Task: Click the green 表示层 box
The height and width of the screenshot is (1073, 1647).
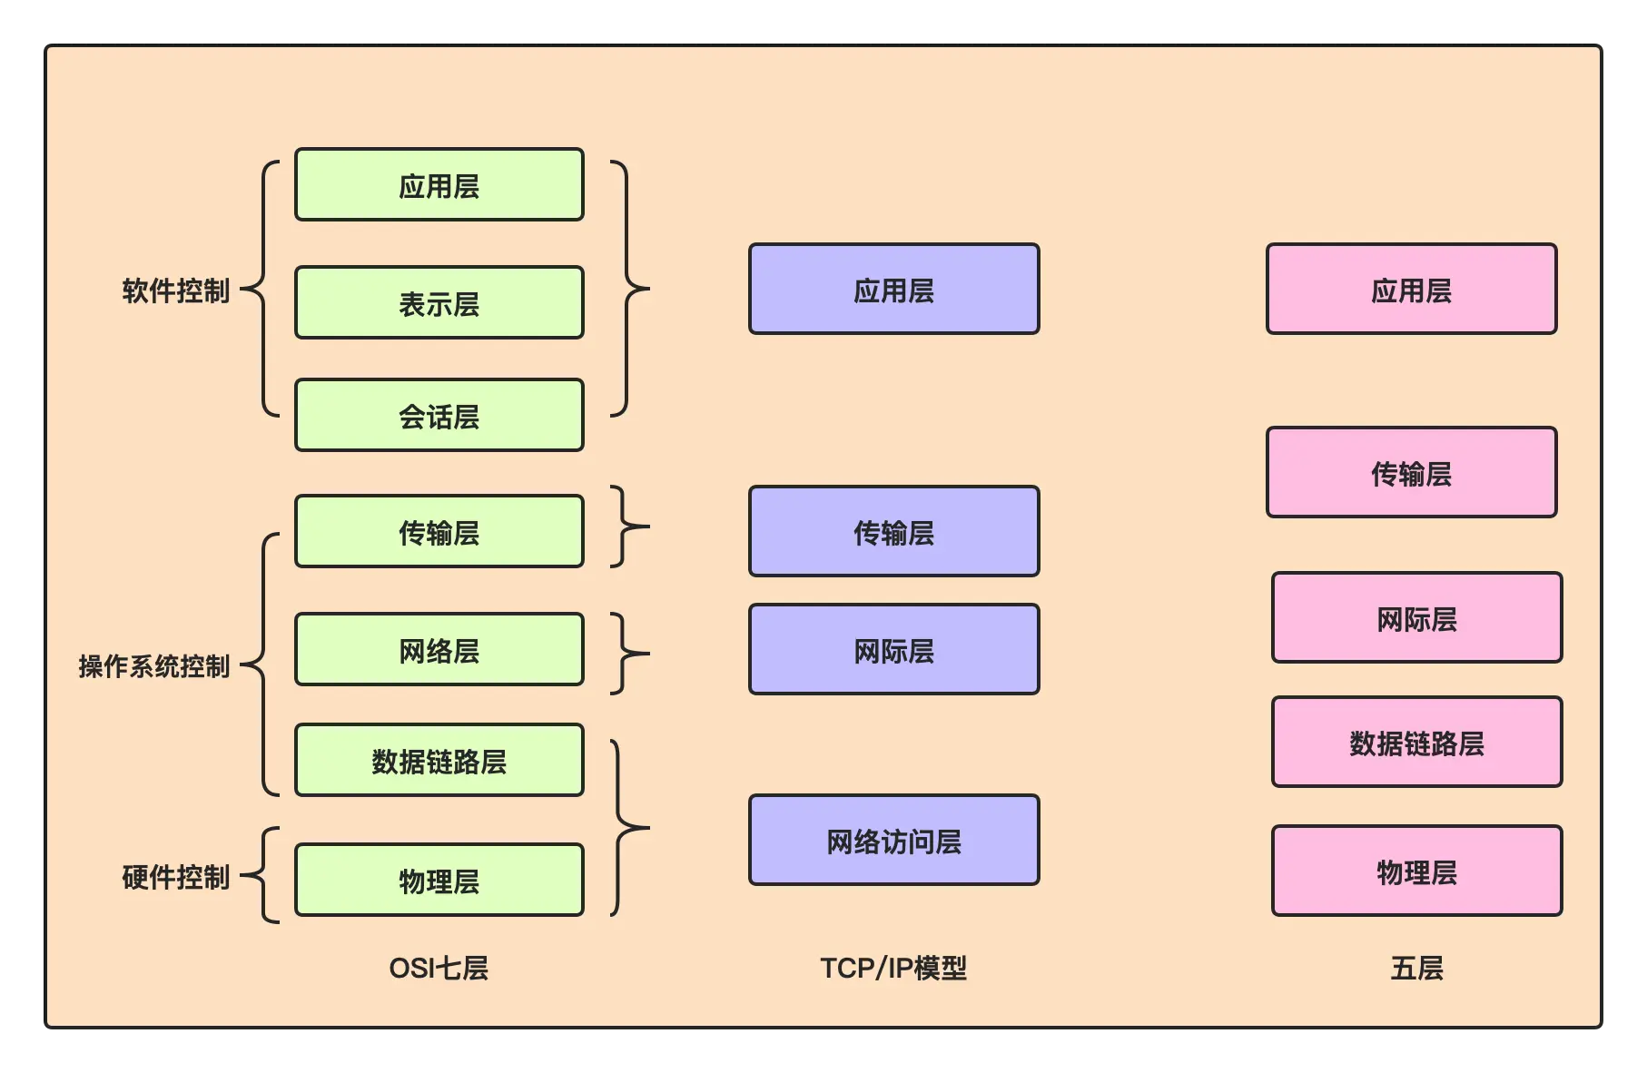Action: pyautogui.click(x=439, y=303)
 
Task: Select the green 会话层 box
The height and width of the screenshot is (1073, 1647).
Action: pyautogui.click(x=439, y=416)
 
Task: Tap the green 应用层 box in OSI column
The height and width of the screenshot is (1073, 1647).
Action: pyautogui.click(x=439, y=185)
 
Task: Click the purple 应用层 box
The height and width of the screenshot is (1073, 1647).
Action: pyautogui.click(x=893, y=290)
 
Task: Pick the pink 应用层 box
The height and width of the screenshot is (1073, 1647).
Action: pyautogui.click(x=1411, y=290)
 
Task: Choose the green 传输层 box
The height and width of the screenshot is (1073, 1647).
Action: pyautogui.click(x=439, y=532)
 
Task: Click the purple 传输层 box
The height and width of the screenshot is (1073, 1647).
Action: pyautogui.click(x=893, y=532)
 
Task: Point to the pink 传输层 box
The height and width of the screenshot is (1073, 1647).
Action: pyautogui.click(x=1411, y=473)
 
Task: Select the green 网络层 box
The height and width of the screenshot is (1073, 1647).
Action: pyautogui.click(x=439, y=650)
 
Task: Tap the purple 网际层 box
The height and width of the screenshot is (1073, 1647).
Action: pyautogui.click(x=893, y=650)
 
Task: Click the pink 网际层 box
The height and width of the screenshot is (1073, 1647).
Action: pyautogui.click(x=1416, y=618)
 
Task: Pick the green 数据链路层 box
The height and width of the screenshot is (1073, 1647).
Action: pyautogui.click(x=439, y=761)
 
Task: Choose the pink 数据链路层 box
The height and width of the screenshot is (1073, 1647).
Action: pyautogui.click(x=1416, y=743)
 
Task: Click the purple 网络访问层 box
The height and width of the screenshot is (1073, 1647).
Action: pyautogui.click(x=893, y=841)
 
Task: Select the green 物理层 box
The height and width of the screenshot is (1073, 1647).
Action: pyautogui.click(x=439, y=881)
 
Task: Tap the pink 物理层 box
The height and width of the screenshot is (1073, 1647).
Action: pyautogui.click(x=1416, y=871)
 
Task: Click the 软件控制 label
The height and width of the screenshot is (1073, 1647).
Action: pyautogui.click(x=175, y=290)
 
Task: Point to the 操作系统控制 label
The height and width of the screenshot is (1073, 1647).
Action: pyautogui.click(x=153, y=666)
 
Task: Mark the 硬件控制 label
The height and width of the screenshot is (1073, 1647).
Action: pyautogui.click(x=175, y=877)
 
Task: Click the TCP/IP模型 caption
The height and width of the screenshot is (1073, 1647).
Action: pyautogui.click(x=893, y=968)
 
